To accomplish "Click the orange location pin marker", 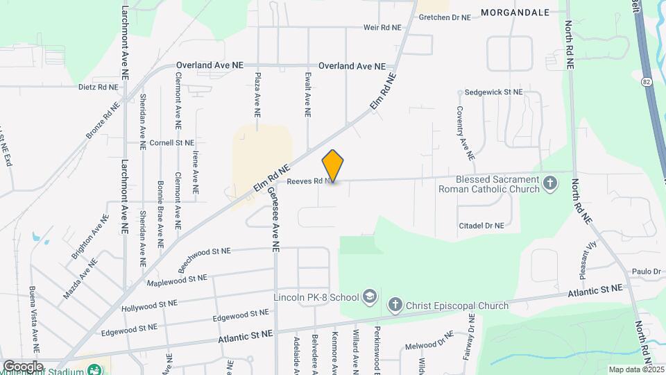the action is (x=333, y=165).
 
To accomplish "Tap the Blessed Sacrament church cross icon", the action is (x=550, y=184).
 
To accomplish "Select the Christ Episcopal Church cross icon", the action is (x=395, y=304).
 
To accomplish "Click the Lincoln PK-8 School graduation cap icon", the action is (x=370, y=297).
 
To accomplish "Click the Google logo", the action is (x=23, y=366).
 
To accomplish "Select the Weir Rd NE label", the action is (x=382, y=28).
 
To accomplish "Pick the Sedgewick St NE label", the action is (x=493, y=92).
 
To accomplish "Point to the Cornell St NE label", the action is (x=171, y=143).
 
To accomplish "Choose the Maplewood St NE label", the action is (x=178, y=280).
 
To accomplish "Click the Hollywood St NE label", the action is (x=149, y=304).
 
